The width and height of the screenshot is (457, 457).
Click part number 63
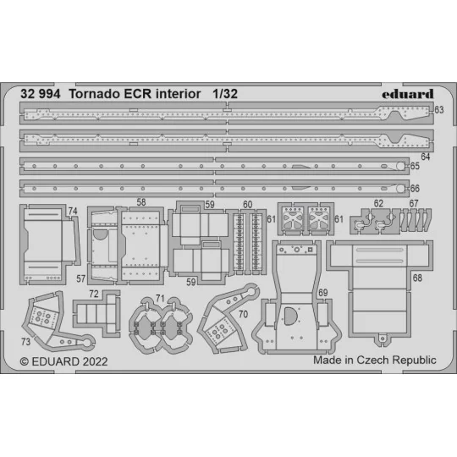438,110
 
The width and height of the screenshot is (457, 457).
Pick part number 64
425,157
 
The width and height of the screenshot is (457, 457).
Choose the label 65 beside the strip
438,167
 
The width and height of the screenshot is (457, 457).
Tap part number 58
140,203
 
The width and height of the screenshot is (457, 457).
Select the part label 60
247,204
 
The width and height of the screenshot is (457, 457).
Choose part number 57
81,278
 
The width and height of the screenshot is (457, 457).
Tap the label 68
417,277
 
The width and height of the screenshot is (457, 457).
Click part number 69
322,293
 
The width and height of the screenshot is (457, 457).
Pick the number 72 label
93,294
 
